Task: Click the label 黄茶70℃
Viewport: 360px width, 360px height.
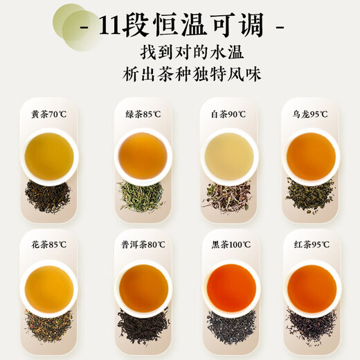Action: [48, 114]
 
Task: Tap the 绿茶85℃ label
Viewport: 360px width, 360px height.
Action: [143, 114]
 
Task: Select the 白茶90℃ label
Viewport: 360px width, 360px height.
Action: [228, 114]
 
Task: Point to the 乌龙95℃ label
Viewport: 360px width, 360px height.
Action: [310, 114]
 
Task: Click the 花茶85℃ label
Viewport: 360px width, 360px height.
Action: [48, 244]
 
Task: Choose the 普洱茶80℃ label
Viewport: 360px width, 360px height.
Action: [143, 244]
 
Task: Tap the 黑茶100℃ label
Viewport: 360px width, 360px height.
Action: [231, 244]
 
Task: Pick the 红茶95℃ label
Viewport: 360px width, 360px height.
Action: [312, 244]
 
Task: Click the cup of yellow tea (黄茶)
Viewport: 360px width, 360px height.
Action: [49, 156]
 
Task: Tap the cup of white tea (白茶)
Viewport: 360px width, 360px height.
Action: [229, 156]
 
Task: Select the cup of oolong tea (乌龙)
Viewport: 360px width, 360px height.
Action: [311, 156]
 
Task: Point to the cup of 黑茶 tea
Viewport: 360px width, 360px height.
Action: [231, 288]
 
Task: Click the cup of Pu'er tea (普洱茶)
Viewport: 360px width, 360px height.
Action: [143, 288]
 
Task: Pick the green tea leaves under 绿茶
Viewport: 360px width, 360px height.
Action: [141, 196]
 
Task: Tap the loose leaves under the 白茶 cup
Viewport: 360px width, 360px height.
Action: [226, 197]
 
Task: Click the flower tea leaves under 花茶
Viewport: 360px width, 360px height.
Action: [48, 326]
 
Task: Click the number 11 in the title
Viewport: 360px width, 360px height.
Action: [110, 26]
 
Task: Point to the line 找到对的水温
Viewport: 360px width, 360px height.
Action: [192, 53]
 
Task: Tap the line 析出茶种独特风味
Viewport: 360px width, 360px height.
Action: [192, 74]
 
